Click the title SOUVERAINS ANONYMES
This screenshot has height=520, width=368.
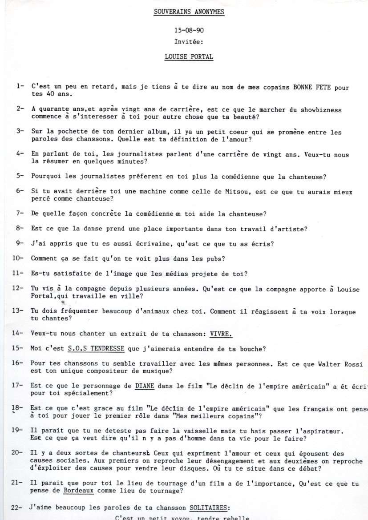[x=189, y=12]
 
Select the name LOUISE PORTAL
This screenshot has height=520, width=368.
[x=189, y=57]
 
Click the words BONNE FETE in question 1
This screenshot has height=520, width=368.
[x=310, y=88]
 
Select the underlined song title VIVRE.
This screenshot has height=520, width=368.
[x=222, y=333]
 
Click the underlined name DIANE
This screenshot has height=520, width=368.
[x=145, y=387]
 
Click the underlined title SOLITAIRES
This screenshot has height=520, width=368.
[x=210, y=507]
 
